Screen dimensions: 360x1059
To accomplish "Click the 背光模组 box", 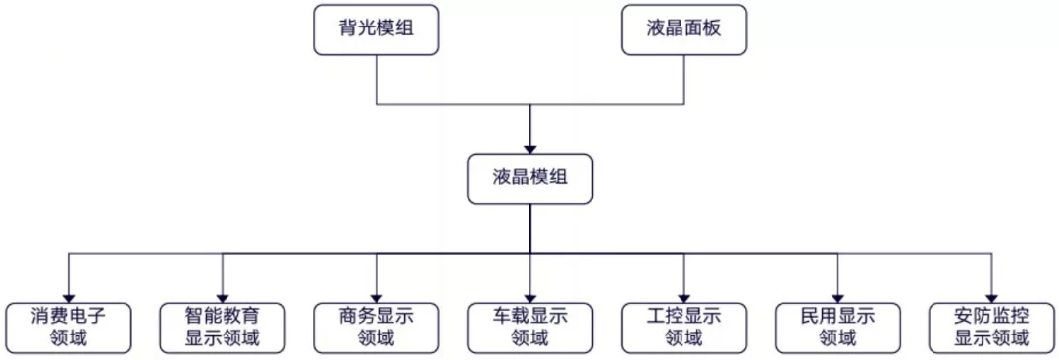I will tap(376, 29).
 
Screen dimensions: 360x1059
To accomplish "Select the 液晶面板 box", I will tap(684, 29).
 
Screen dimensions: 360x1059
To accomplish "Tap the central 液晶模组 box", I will tap(529, 178).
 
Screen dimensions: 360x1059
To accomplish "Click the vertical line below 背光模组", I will tap(376, 78).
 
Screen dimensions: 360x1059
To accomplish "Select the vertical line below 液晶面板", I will tap(684, 78).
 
